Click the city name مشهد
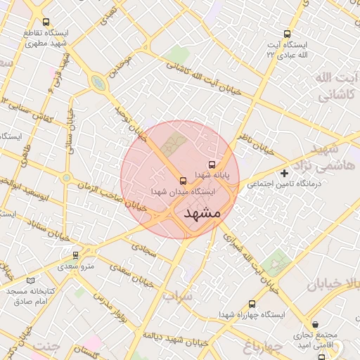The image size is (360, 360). pyautogui.click(x=202, y=212)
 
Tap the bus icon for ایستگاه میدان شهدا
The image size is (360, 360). pyautogui.click(x=183, y=179)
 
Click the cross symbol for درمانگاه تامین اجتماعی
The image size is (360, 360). pyautogui.click(x=284, y=172)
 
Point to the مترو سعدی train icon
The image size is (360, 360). pyautogui.click(x=76, y=255)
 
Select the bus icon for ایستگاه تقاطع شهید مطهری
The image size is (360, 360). pyautogui.click(x=46, y=22)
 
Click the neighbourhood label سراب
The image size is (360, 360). pyautogui.click(x=178, y=297)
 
